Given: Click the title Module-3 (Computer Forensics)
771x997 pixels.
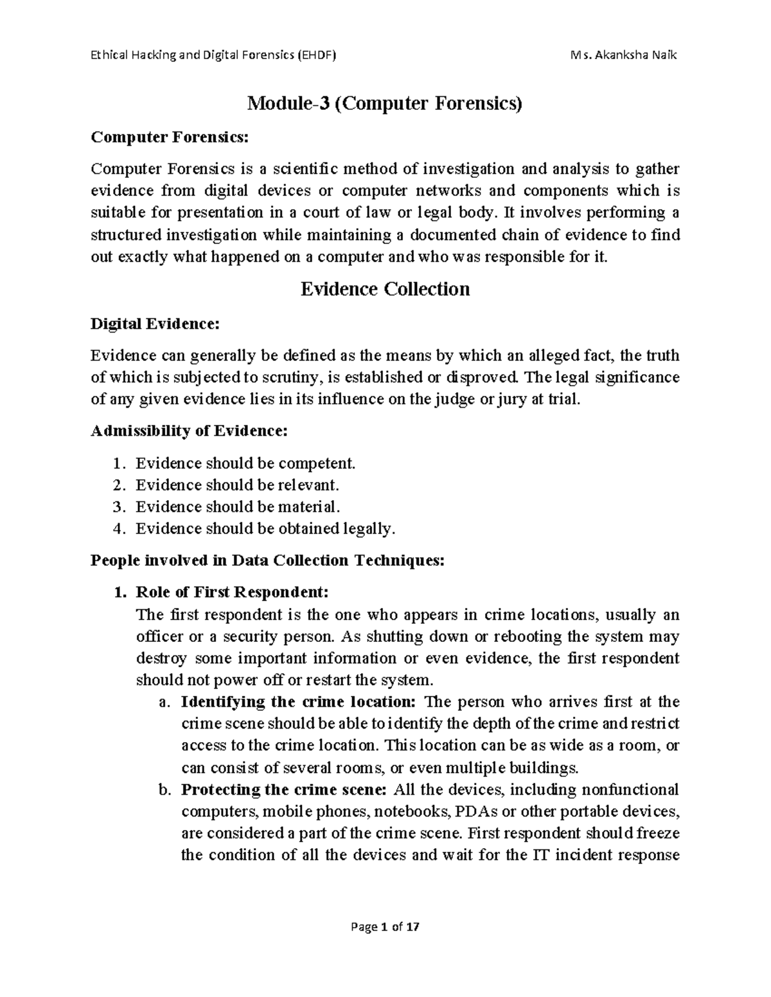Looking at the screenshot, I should [385, 103].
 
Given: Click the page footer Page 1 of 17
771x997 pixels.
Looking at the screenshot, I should [385, 927].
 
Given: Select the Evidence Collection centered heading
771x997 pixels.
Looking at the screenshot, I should [385, 289].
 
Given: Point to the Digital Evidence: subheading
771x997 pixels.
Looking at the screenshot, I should [155, 324].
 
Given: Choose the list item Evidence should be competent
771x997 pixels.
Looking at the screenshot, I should [245, 464].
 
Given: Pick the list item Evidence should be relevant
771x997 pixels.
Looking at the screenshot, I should [236, 485].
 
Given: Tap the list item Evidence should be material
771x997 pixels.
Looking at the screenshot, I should [236, 507].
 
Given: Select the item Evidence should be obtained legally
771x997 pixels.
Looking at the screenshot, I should [262, 529].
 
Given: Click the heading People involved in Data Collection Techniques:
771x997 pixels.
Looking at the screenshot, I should [267, 560].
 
